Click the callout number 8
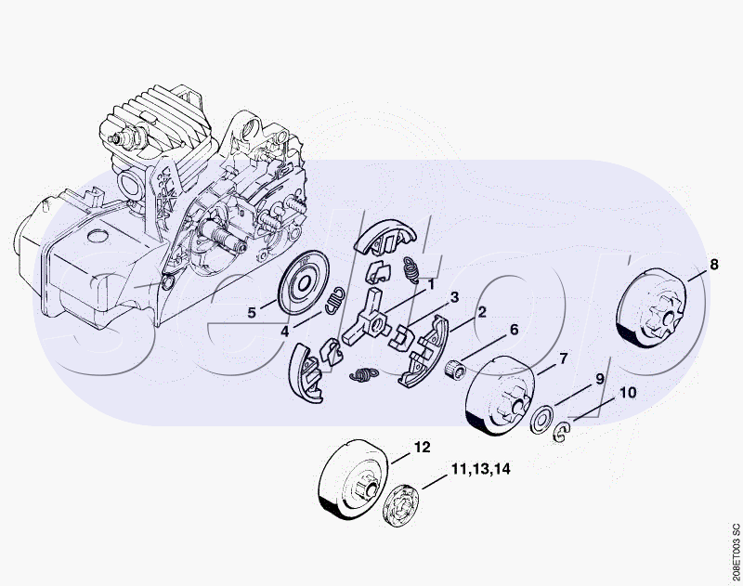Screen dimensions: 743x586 [x=714, y=265]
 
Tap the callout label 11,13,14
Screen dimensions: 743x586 [x=481, y=469]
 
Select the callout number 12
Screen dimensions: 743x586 [x=423, y=448]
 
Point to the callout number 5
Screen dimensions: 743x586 [x=252, y=313]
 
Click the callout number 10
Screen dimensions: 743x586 [x=628, y=393]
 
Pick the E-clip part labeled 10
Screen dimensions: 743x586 [x=561, y=432]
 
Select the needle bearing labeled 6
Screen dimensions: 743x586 [x=455, y=368]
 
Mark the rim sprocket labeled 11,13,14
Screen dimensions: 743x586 [x=401, y=505]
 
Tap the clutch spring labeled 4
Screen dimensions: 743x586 [x=335, y=300]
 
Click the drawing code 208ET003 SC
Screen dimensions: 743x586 [x=735, y=553]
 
